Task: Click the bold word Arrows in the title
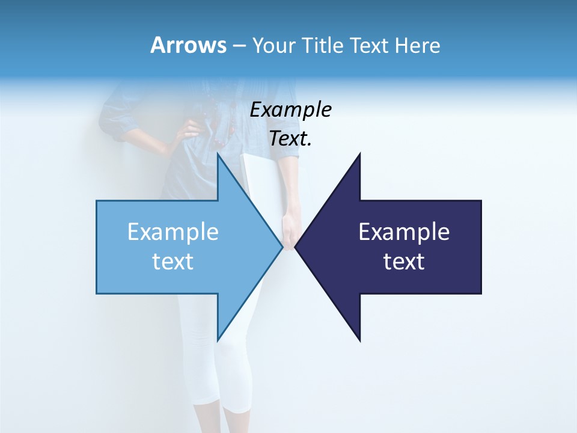tap(188, 45)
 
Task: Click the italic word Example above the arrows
tap(290, 109)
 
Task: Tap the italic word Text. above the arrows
tap(290, 139)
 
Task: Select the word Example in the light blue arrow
tap(173, 232)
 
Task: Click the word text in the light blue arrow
tap(173, 262)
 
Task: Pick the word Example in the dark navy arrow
tap(404, 232)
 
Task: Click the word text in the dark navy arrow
tap(404, 262)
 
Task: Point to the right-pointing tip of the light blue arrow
tap(282, 247)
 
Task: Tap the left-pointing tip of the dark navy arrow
tap(296, 247)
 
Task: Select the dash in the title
tap(239, 46)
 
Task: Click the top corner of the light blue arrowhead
tap(218, 153)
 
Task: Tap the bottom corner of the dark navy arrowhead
tap(359, 340)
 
